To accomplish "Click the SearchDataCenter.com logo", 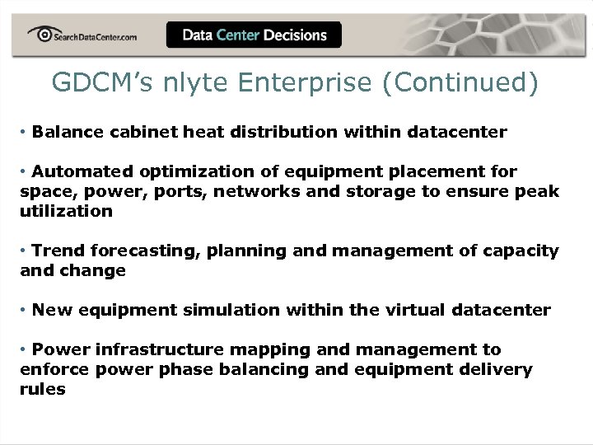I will click(x=82, y=35).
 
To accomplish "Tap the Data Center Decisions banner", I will click(x=254, y=35).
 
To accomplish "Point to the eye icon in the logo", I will click(x=40, y=33).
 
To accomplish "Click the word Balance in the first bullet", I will click(x=65, y=132).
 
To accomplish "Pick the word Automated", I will click(x=82, y=171).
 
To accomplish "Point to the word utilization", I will click(x=66, y=211).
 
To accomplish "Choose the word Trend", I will click(x=58, y=251).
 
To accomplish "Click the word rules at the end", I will click(x=43, y=389).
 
